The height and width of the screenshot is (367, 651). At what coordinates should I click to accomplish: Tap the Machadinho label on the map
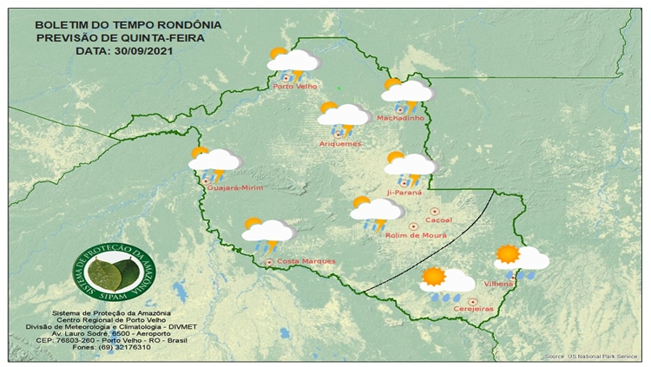pyautogui.click(x=399, y=118)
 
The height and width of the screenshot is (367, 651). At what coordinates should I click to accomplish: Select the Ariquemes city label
pyautogui.click(x=340, y=142)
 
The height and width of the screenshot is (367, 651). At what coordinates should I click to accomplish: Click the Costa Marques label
pyautogui.click(x=306, y=261)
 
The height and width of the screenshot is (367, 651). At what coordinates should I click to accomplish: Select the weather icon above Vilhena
pyautogui.click(x=520, y=259)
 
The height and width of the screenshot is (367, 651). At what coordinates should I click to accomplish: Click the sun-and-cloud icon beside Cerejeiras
pyautogui.click(x=446, y=281)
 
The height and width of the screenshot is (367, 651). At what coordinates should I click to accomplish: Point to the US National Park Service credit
pyautogui.click(x=593, y=357)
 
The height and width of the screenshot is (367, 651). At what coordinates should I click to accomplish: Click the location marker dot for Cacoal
pyautogui.click(x=436, y=211)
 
